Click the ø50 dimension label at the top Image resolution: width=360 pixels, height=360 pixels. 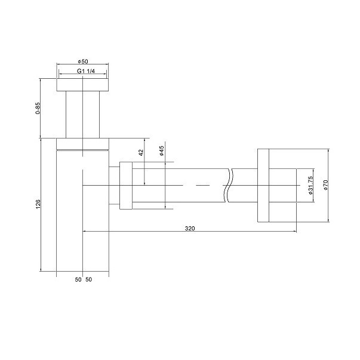(83, 61)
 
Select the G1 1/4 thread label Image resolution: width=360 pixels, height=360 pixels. (83, 72)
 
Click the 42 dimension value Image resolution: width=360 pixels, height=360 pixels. (141, 153)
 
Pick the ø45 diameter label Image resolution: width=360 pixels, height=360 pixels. (162, 151)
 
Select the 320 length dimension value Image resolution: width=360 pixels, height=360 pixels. (190, 228)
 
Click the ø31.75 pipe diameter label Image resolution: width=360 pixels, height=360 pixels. (310, 186)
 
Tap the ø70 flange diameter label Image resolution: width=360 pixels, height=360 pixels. (326, 186)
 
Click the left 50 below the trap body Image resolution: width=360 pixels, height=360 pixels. (78, 279)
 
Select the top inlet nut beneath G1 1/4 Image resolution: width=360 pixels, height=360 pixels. (83, 84)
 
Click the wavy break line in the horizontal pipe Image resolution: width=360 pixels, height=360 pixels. (227, 186)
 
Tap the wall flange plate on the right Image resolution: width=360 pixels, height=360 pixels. (266, 186)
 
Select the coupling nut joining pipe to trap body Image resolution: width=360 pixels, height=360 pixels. (126, 186)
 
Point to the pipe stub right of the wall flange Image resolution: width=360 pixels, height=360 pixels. (285, 186)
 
